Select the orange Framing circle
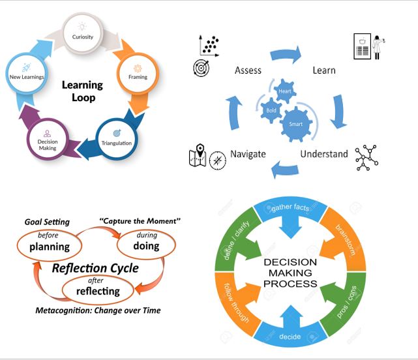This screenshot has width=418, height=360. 138,72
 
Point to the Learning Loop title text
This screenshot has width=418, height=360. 82,91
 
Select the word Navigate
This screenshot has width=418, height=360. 247,154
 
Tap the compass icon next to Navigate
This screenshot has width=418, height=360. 218,160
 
